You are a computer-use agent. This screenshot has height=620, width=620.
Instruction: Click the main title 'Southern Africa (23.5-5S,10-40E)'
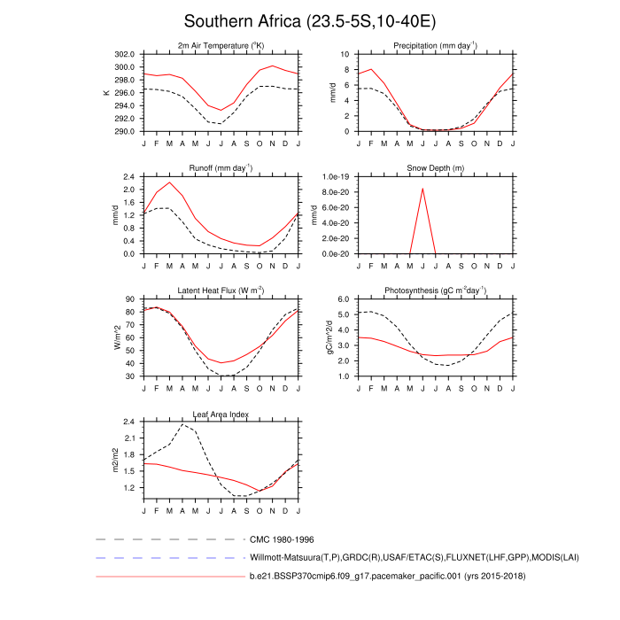tap(310, 21)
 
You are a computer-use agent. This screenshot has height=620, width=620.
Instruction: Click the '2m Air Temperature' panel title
tap(221, 46)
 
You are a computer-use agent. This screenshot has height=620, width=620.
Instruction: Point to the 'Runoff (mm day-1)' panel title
tap(221, 168)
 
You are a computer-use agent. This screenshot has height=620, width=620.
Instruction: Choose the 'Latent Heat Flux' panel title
tap(221, 291)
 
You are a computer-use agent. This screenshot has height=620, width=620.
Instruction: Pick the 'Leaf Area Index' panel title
tap(221, 414)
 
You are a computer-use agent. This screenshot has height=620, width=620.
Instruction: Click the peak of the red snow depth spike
tap(422, 189)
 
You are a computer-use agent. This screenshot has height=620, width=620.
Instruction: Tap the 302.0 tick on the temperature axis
tap(123, 54)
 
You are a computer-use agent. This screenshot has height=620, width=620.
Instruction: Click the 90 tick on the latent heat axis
tap(130, 299)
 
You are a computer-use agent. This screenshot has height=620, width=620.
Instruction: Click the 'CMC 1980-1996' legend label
tap(282, 539)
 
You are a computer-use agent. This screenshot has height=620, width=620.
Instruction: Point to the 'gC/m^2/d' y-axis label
tap(329, 337)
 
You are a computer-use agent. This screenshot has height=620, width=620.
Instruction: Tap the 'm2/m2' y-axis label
tap(114, 461)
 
